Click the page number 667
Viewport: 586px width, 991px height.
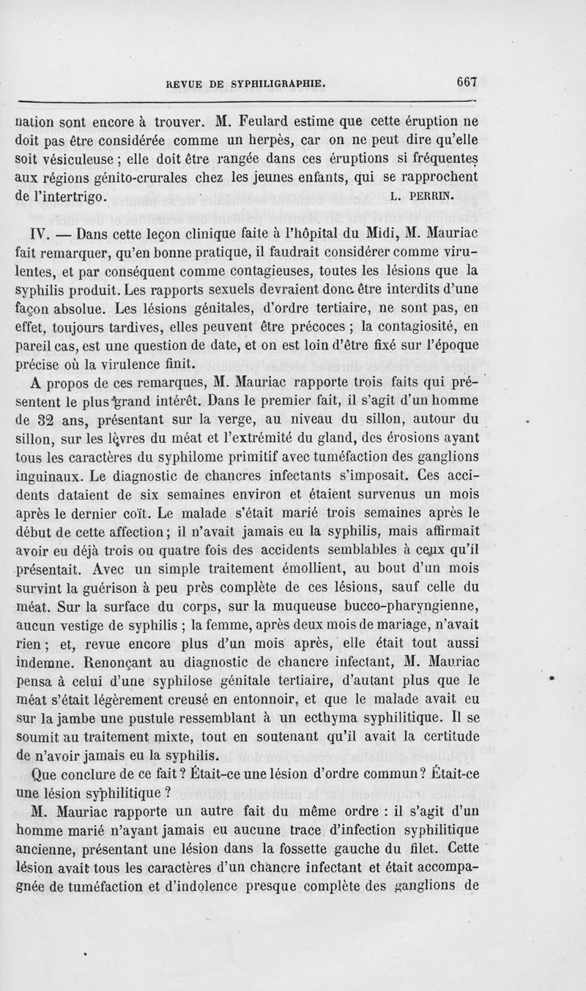click(466, 83)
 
